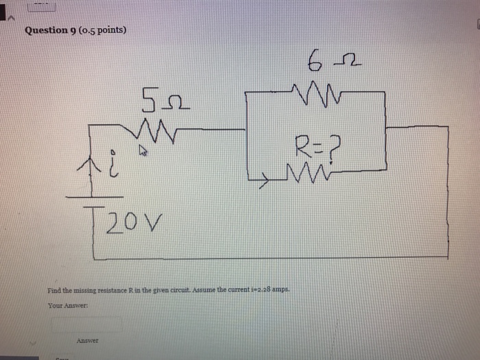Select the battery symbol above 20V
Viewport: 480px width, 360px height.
click(93, 200)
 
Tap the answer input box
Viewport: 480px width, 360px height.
click(86, 323)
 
